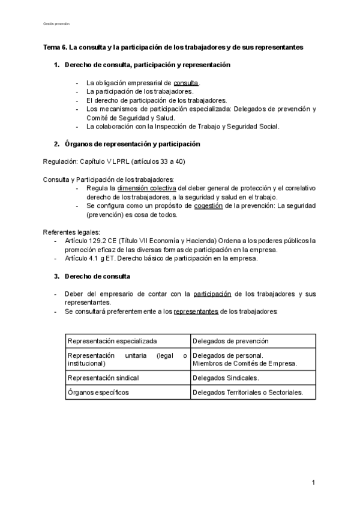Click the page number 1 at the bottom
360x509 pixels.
pyautogui.click(x=313, y=483)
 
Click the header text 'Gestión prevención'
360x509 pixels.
pyautogui.click(x=56, y=23)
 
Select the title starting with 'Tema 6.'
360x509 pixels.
pyautogui.click(x=173, y=46)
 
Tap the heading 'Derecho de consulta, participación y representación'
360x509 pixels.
pyautogui.click(x=147, y=64)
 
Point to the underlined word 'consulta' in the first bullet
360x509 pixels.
pyautogui.click(x=186, y=83)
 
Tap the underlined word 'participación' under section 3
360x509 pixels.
pyautogui.click(x=212, y=294)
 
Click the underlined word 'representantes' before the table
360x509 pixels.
pyautogui.click(x=196, y=312)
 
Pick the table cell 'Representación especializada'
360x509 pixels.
pyautogui.click(x=112, y=341)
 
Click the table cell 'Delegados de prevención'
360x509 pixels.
pyautogui.click(x=230, y=341)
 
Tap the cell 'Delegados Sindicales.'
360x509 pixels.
pyautogui.click(x=226, y=378)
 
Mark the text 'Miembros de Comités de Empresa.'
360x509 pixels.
pyautogui.click(x=245, y=364)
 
